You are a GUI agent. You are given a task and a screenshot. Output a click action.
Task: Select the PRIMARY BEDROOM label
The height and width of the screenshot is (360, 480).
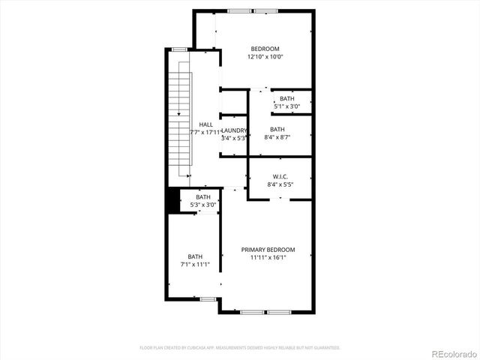268,250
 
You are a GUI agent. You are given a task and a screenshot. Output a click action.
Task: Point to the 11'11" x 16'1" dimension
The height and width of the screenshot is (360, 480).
268,258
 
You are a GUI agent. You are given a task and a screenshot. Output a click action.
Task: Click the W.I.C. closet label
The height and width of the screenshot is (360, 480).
280,176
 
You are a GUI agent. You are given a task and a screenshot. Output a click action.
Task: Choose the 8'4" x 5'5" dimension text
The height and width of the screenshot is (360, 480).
280,184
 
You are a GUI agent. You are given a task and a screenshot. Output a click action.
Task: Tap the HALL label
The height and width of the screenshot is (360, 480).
205,124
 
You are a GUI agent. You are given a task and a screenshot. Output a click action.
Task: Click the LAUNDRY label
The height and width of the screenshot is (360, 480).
234,130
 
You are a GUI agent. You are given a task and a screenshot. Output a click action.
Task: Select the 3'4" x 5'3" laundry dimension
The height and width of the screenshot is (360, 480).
234,139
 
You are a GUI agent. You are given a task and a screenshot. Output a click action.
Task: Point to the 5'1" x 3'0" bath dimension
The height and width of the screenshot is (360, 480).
287,106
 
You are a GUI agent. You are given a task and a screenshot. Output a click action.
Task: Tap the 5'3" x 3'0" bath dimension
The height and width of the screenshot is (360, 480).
202,205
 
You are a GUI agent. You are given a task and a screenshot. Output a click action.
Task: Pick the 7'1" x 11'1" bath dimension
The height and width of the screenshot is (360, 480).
195,264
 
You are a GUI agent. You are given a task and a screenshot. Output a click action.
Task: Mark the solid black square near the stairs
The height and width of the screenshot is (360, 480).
172,200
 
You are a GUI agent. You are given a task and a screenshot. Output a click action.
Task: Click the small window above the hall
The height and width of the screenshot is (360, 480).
179,49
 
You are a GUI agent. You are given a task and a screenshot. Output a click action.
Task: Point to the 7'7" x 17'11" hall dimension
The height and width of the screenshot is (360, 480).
205,133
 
